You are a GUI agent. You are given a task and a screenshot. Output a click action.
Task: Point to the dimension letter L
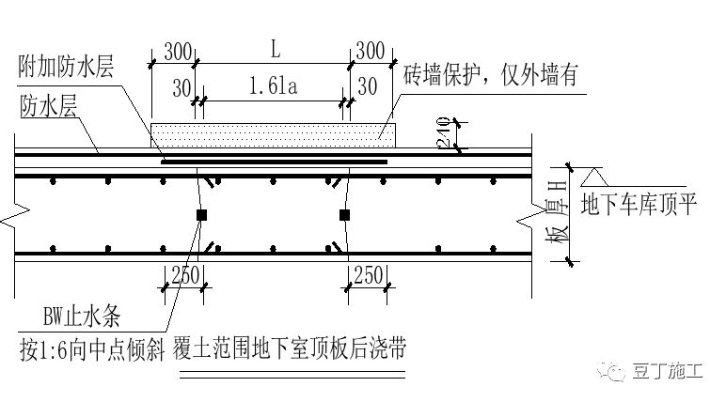(x=273, y=47)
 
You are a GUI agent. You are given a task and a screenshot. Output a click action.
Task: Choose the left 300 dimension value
(x=175, y=49)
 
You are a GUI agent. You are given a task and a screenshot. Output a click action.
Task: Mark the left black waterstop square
(x=200, y=215)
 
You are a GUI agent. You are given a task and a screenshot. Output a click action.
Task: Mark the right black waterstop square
(x=345, y=215)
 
